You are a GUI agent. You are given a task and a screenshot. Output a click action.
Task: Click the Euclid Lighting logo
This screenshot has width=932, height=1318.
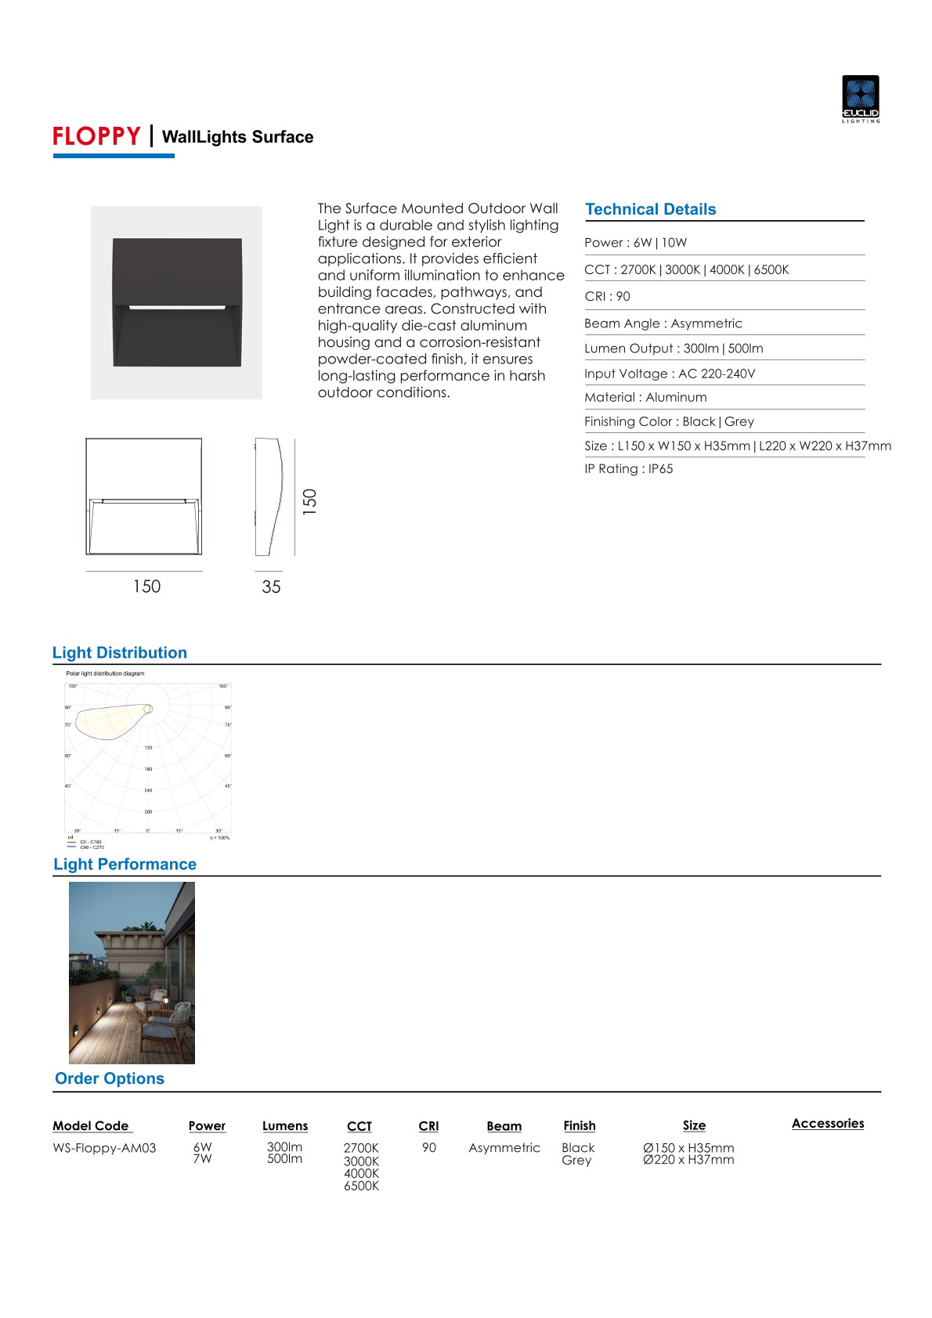860,99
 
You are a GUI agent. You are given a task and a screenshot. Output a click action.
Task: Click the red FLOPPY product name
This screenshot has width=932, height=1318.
96,136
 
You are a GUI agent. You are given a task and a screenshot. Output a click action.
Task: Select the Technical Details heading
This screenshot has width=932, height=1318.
650,209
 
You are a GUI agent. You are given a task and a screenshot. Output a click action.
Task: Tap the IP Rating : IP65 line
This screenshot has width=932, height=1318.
628,468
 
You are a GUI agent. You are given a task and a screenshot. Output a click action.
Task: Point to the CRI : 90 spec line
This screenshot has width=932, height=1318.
607,296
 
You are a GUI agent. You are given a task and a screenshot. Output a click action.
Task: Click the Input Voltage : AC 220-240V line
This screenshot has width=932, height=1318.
669,374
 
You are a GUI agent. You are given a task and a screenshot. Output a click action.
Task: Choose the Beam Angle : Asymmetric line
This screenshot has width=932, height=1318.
663,323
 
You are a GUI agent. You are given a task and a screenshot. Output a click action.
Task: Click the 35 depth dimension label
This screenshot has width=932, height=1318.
271,587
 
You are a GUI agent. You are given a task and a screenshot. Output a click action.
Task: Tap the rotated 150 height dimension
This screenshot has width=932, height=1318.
310,500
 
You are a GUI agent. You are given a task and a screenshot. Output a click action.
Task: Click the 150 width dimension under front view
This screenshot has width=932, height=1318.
146,587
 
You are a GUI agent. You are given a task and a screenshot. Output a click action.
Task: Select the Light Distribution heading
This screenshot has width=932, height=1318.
120,653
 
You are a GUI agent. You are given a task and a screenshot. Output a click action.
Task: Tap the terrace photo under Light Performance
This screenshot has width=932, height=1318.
132,973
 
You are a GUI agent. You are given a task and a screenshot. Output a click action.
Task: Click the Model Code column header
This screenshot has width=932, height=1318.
91,1125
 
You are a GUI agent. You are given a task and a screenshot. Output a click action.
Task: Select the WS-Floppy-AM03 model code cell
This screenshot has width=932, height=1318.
104,1148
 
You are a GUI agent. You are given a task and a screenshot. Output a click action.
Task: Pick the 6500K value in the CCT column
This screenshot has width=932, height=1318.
361,1186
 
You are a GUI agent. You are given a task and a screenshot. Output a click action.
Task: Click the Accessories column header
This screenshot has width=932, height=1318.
827,1123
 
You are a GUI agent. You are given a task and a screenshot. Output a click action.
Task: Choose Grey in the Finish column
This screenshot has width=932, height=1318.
576,1161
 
